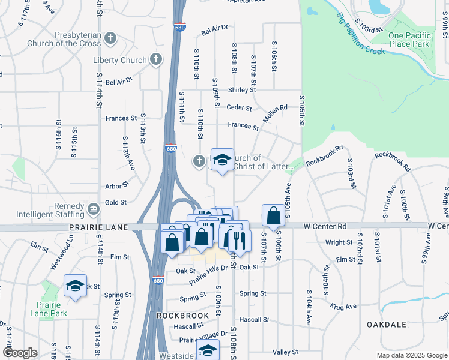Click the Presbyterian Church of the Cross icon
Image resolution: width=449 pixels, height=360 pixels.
(109, 39)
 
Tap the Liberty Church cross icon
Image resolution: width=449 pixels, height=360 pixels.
(155, 59)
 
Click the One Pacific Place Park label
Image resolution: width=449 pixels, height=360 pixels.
(409, 40)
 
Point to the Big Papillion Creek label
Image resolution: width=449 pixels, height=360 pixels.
(361, 32)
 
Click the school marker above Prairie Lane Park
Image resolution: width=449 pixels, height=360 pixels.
(75, 286)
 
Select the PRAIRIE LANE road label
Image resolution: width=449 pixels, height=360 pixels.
(99, 227)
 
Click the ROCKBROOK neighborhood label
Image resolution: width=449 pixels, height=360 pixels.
(182, 315)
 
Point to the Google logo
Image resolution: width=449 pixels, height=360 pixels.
(20, 353)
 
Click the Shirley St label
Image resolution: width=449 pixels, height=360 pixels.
(242, 90)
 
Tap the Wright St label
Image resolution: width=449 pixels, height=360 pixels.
(339, 242)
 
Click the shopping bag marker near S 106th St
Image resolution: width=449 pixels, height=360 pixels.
(273, 215)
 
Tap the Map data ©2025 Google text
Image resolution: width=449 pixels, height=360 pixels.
(411, 355)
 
